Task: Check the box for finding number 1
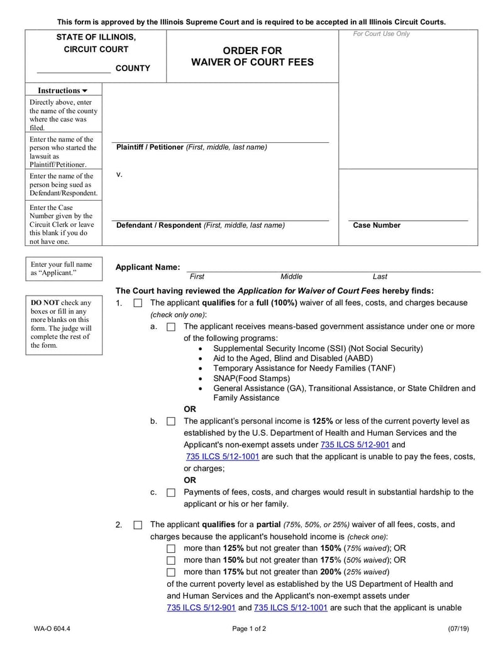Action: [138, 303]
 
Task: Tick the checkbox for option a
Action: [170, 327]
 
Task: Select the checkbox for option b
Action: [170, 421]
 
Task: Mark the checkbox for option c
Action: [170, 493]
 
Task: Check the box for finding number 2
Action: [138, 525]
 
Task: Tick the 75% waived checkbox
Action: [170, 548]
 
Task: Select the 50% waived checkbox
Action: [170, 560]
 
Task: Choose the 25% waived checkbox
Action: [170, 572]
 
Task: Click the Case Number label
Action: [376, 225]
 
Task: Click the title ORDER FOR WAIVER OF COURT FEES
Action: [252, 57]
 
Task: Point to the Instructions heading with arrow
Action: [62, 91]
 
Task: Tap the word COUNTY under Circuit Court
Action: [133, 69]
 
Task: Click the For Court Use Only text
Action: [381, 34]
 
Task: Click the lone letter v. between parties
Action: [119, 174]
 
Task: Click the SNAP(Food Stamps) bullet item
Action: [251, 379]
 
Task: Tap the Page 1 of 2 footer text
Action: [249, 628]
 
